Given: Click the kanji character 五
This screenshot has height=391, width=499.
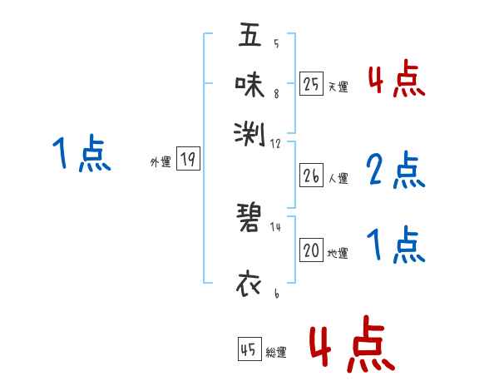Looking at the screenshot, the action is click(x=249, y=36).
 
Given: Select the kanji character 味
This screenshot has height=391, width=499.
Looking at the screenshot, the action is click(x=249, y=83).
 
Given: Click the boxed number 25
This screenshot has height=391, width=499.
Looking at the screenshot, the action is click(x=311, y=83).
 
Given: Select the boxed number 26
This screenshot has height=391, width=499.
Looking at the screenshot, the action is click(x=311, y=175).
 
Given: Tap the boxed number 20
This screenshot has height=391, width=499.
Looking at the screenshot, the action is click(x=311, y=250).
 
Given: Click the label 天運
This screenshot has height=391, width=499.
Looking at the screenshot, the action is click(x=338, y=86).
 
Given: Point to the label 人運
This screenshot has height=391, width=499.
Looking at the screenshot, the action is click(x=338, y=177).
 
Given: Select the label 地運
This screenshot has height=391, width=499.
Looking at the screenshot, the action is click(x=338, y=253).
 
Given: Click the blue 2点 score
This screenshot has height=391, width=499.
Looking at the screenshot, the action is click(x=395, y=171).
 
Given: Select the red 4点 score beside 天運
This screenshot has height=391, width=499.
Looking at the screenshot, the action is click(x=396, y=80).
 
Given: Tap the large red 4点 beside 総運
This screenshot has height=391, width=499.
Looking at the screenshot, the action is click(x=350, y=344).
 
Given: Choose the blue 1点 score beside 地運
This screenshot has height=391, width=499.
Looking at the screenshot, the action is click(x=395, y=246).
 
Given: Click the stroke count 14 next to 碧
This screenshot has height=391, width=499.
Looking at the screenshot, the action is click(x=275, y=226).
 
